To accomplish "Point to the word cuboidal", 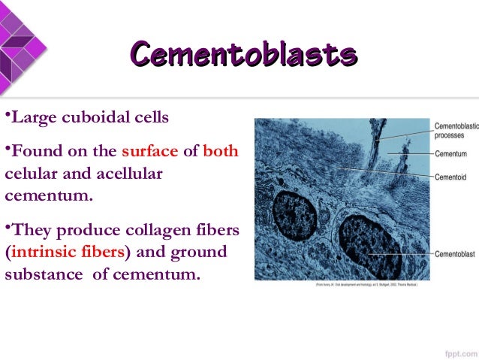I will pos(98,118).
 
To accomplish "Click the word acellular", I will pos(125,174).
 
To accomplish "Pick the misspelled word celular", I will pos(31,174).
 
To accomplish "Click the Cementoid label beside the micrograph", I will pos(451,177).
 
